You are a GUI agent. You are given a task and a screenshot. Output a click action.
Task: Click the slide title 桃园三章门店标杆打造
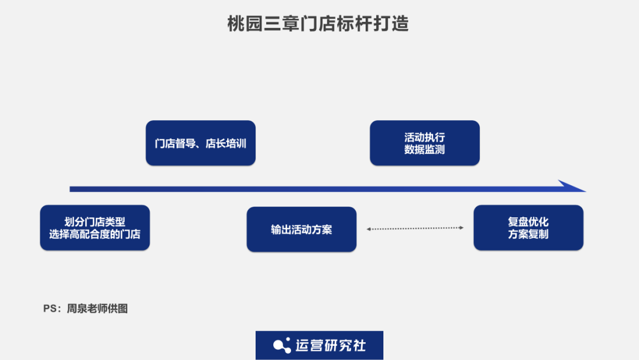tap(318, 24)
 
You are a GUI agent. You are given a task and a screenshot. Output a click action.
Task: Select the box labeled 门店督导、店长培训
tap(201, 143)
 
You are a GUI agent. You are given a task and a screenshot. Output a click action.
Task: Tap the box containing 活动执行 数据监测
tap(424, 143)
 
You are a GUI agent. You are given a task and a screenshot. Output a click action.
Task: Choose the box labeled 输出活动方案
tap(301, 230)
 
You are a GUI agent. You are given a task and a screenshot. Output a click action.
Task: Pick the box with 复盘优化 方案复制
tap(528, 228)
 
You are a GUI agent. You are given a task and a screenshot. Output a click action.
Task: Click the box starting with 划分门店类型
tap(95, 228)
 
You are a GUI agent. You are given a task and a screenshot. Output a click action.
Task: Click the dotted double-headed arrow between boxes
tap(415, 228)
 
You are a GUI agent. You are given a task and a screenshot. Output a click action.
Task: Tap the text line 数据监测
tap(424, 150)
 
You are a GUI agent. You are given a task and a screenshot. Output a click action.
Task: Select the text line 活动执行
tap(424, 137)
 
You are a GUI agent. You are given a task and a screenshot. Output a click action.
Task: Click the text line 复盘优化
tap(528, 222)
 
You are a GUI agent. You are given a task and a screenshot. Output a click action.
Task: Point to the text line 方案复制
tap(528, 234)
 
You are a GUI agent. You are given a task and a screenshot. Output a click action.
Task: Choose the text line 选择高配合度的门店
tap(95, 234)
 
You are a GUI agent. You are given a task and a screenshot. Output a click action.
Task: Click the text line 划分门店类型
tap(95, 222)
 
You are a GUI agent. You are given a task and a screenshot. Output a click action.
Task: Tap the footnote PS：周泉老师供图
tap(85, 308)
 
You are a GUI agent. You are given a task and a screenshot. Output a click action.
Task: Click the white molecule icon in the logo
tap(282, 345)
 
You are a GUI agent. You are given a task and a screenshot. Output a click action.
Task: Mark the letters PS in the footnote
tap(50, 308)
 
